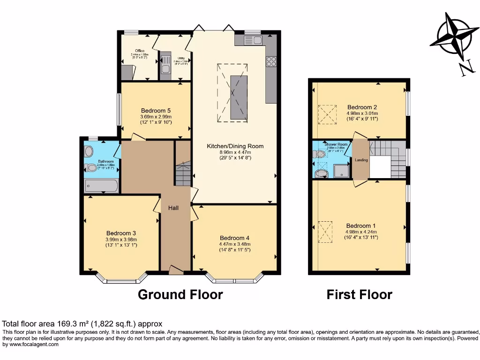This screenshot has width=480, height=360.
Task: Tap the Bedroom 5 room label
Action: (156, 111)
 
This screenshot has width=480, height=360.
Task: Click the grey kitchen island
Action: (238, 97)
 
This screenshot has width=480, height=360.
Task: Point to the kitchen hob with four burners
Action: (271, 62)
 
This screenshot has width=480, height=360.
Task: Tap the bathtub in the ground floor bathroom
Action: (102, 186)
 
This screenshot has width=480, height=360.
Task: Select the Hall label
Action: (168, 207)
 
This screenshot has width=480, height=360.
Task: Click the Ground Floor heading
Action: (180, 294)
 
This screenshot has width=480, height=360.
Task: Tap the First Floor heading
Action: (359, 294)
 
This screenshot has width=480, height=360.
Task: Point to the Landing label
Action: (361, 160)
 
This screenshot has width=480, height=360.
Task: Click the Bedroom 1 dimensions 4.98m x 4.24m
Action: (361, 232)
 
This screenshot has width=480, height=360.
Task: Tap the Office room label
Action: (140, 51)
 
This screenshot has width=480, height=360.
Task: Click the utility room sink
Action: (166, 65)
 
